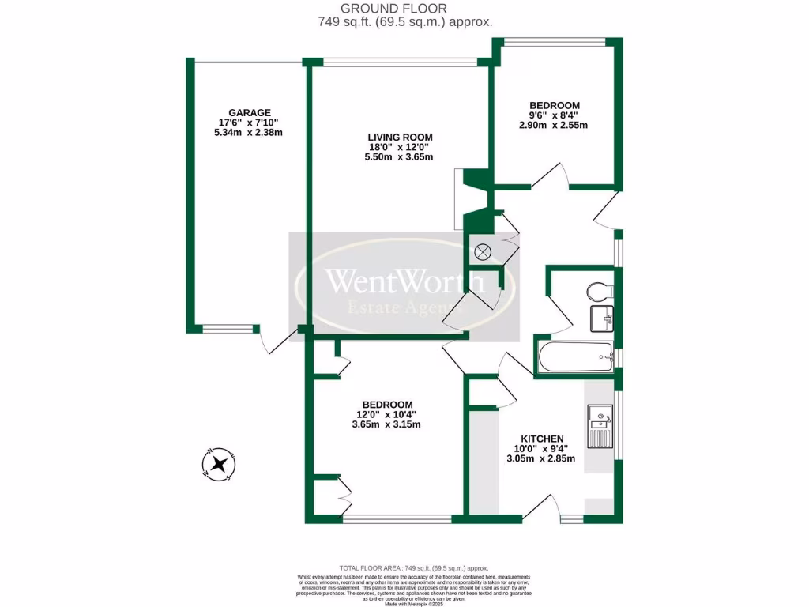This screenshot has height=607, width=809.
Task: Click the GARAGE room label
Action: click(x=249, y=112)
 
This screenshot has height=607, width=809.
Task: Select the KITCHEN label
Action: click(x=541, y=439)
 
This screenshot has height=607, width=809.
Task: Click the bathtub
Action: click(x=574, y=359)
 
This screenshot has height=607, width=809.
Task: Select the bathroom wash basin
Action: click(x=603, y=320)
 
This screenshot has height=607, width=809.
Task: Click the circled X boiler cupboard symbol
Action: click(x=483, y=253)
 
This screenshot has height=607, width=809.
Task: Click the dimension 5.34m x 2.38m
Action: click(x=249, y=133)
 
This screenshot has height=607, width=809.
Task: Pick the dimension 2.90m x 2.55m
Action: click(x=554, y=125)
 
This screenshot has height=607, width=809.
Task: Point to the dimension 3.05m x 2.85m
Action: click(x=541, y=458)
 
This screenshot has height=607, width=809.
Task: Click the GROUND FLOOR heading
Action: click(x=404, y=9)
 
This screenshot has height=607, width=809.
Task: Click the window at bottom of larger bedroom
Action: click(x=397, y=519)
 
